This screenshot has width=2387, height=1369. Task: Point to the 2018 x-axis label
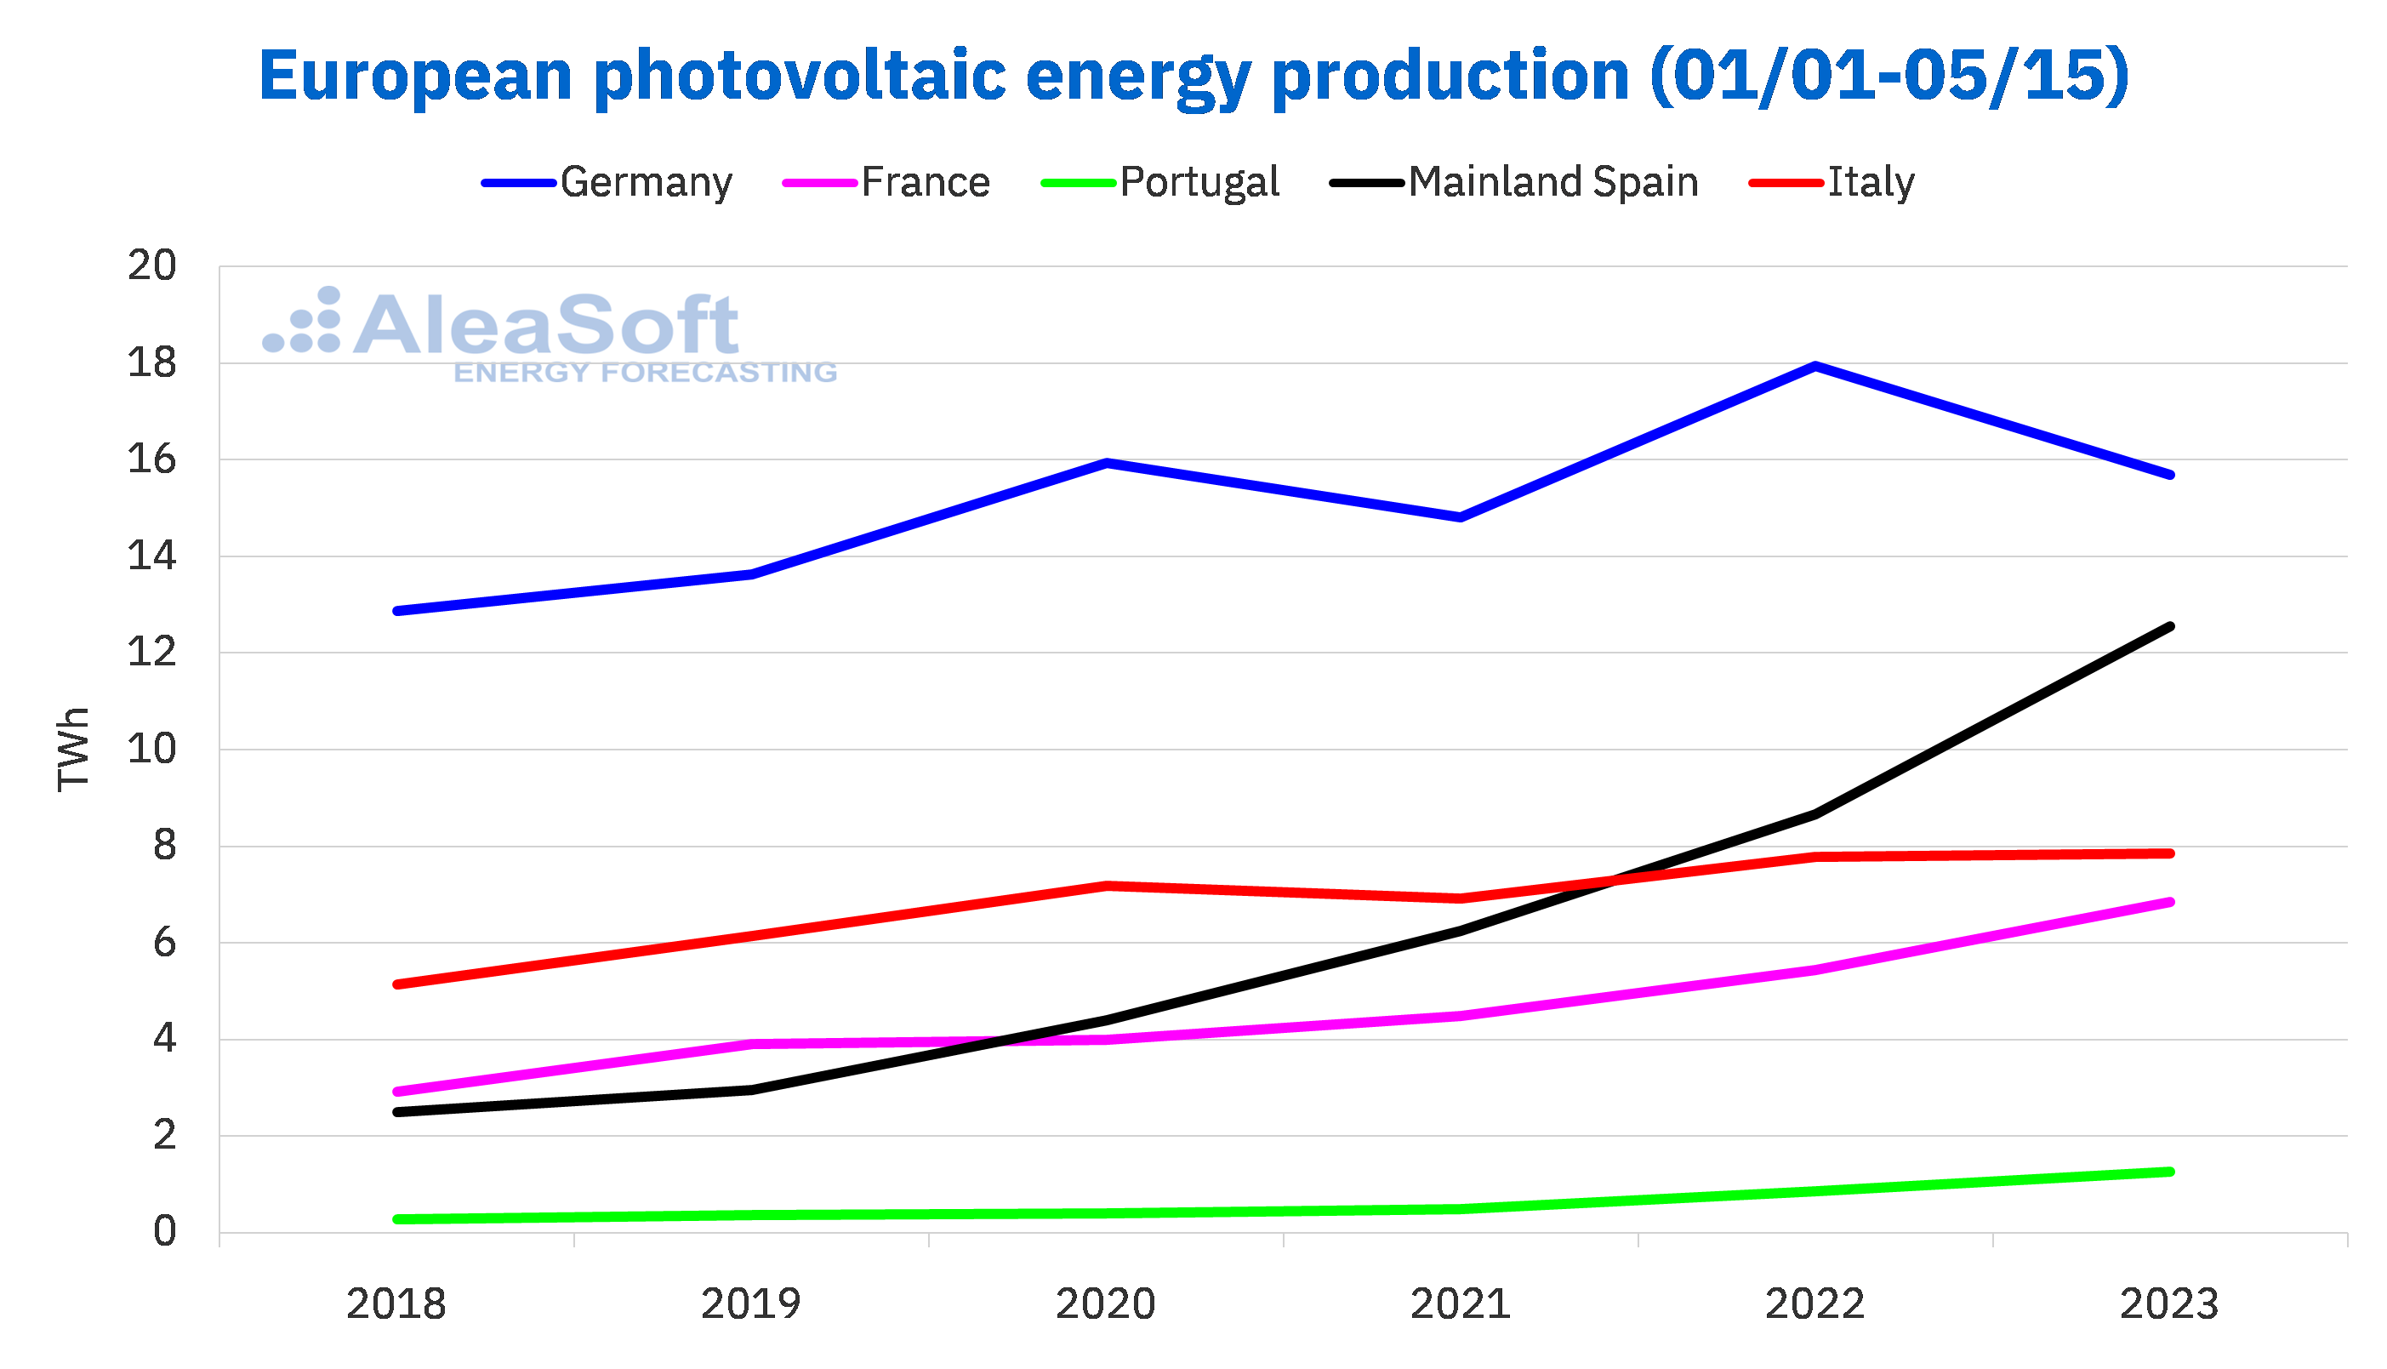396,1305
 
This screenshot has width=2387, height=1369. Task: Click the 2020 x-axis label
1105,1305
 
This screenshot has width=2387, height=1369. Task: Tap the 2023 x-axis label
2169,1305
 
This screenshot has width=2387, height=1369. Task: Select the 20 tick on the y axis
152,266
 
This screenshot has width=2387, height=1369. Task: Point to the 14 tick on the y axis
152,556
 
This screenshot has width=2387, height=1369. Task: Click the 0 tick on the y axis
164,1232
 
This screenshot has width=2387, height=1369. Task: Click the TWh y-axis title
73,750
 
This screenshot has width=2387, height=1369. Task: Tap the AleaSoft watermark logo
550,334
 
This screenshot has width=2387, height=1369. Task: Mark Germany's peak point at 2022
1814,366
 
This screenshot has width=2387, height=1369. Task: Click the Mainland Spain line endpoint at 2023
2170,626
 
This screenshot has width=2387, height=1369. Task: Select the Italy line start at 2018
397,984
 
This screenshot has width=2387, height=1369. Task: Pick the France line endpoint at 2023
2170,902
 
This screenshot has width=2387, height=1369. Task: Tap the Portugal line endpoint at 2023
2170,1172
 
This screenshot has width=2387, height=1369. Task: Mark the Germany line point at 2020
1107,463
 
